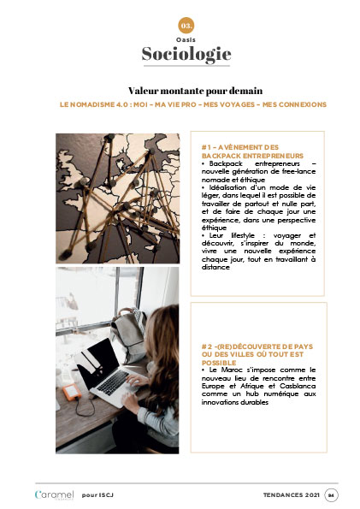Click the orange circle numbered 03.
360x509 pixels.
point(186,26)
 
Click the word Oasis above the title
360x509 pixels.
point(186,40)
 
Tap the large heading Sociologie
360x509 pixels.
point(186,54)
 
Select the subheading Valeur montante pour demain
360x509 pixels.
point(195,91)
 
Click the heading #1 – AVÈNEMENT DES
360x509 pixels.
point(240,147)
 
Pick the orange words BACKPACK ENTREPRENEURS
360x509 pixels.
point(252,156)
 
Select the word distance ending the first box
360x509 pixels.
point(215,267)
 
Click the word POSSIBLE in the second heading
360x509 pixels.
point(219,363)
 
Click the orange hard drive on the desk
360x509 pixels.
point(72,392)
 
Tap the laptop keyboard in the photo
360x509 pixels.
point(113,382)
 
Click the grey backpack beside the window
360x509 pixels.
point(129,336)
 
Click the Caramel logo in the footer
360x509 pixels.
point(54,495)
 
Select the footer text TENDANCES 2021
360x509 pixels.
point(292,495)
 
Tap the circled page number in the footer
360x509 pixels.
point(331,495)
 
